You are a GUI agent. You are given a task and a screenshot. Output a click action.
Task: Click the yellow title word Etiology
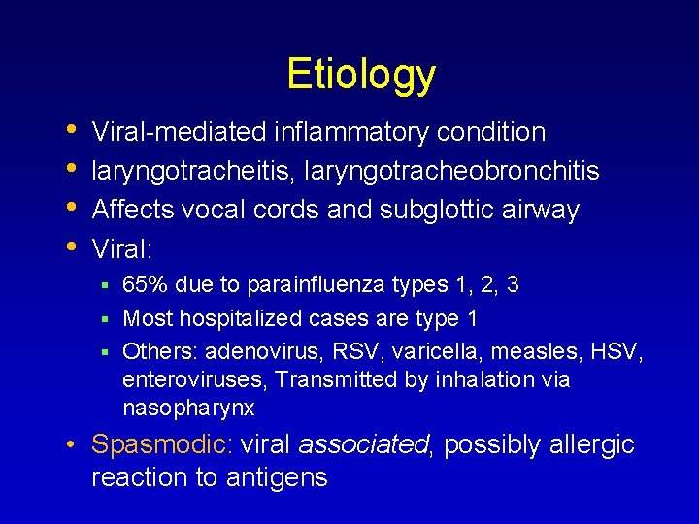point(361,74)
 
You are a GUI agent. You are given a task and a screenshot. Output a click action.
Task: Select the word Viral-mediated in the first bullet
point(180,131)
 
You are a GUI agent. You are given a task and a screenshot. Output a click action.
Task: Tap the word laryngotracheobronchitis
point(451,171)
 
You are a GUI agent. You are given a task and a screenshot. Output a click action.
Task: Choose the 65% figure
point(144,284)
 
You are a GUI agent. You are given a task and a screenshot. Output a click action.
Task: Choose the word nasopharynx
point(188,409)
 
